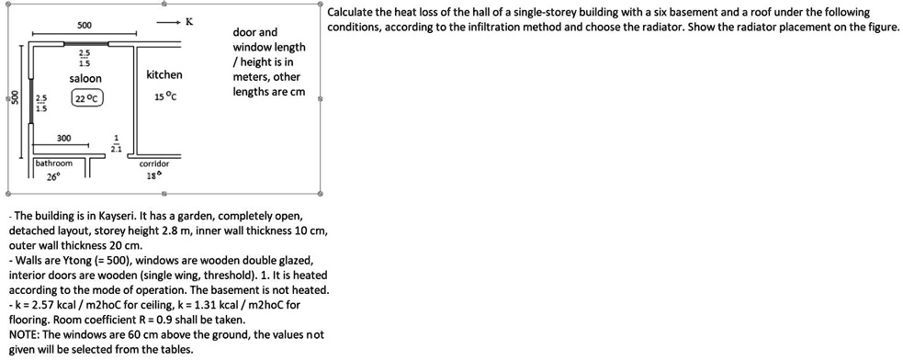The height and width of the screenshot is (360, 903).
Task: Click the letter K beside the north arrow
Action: point(189,20)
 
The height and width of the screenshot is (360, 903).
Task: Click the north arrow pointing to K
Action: point(168,21)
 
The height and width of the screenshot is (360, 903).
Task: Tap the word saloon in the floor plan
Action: point(85,79)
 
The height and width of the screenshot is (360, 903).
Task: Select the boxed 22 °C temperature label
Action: point(88,98)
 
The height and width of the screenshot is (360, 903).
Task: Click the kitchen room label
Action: point(164,74)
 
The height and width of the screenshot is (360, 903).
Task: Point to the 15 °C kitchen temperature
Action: point(165,96)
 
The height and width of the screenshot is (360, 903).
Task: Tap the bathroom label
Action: point(54,163)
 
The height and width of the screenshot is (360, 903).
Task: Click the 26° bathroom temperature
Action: point(53,176)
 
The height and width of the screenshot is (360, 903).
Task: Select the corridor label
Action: point(153,163)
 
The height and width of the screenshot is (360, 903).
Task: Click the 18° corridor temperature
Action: point(153,174)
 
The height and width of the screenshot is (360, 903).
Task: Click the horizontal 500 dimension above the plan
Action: point(84,24)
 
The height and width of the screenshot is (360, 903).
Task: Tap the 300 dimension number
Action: point(63,138)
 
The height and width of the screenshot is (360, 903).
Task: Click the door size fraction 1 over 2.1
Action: point(116,144)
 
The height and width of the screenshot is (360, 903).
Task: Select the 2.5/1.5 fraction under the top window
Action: point(85,60)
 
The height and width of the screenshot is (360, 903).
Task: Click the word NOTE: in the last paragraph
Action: point(27,335)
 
